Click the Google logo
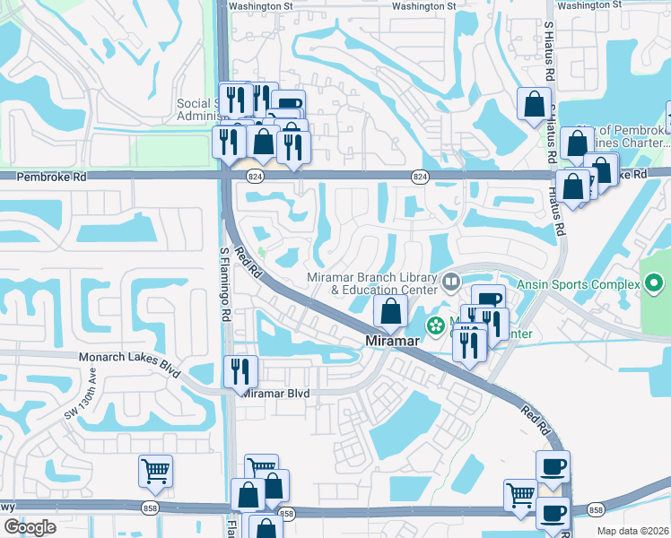30,526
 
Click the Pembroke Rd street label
55,178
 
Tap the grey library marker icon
451,283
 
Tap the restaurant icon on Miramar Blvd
240,369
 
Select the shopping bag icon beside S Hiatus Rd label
535,103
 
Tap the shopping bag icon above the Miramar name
389,311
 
